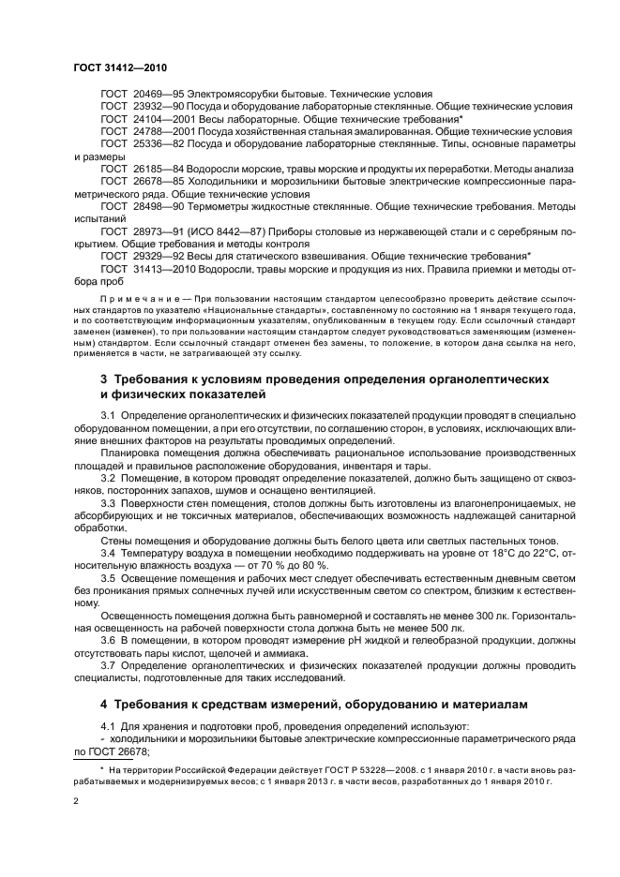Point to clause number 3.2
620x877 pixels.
point(109,478)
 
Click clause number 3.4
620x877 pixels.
point(109,552)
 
